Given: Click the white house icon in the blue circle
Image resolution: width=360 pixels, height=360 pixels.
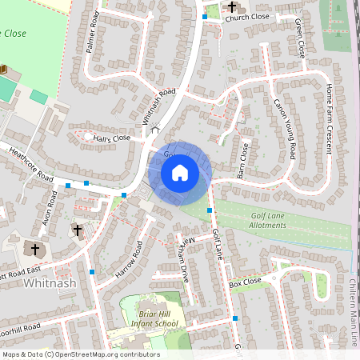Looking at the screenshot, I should (180, 173).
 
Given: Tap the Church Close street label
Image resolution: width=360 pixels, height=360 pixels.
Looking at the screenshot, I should (247, 16).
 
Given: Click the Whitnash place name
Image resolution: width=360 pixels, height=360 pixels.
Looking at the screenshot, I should (50, 283).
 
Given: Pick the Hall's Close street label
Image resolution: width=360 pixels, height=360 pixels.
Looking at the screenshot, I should (111, 138).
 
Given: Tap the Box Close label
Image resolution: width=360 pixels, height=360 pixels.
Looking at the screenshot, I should (245, 283).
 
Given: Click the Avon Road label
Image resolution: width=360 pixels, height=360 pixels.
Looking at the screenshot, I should (50, 208).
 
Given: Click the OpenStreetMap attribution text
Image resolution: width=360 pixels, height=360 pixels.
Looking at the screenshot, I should (81, 354).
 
